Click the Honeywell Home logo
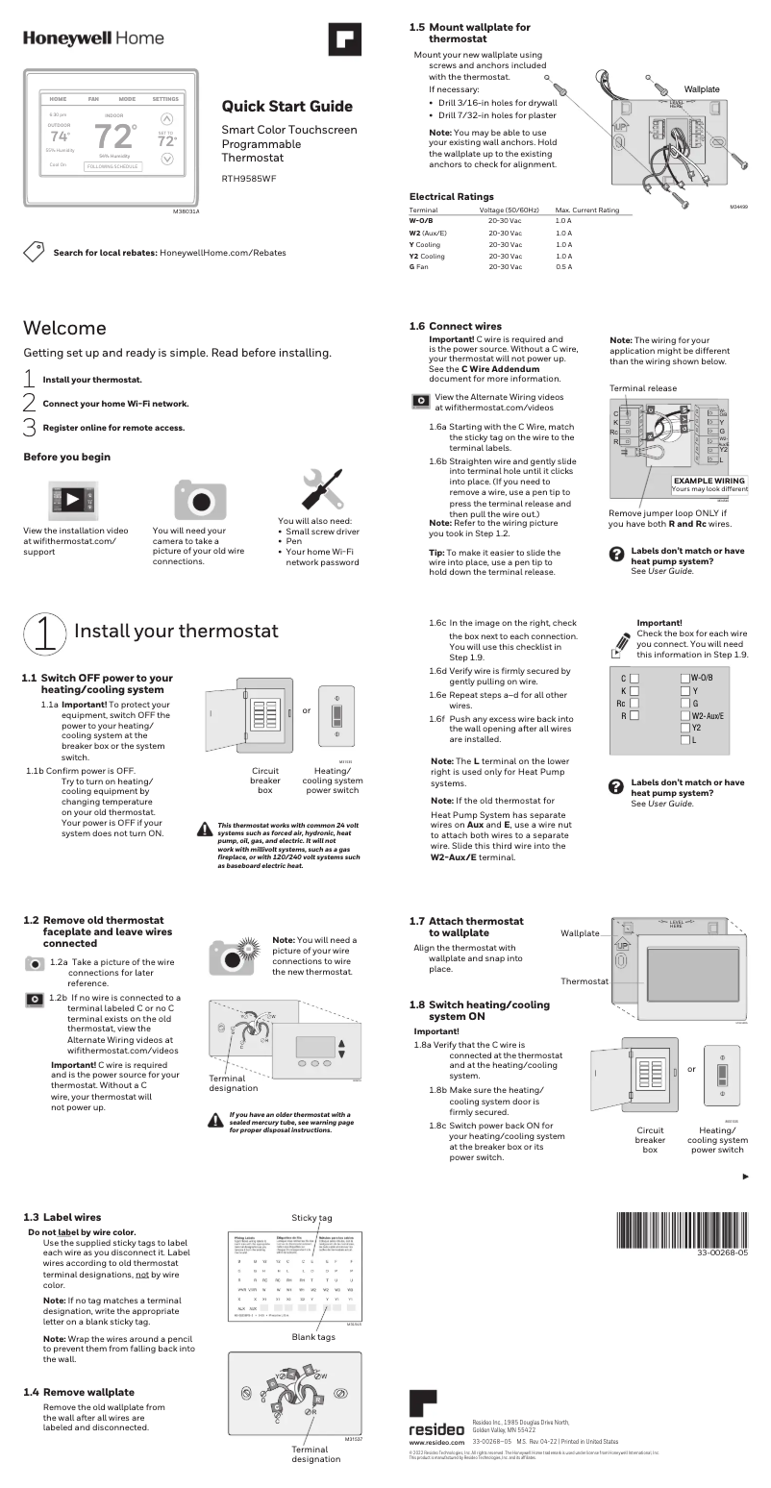[93, 38]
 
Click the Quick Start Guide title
[286, 106]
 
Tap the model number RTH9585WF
[249, 178]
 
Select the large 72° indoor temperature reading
[116, 137]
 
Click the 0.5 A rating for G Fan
[563, 267]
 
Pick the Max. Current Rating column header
[586, 210]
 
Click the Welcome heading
[64, 329]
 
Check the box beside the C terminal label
[634, 678]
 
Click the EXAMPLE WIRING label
[709, 480]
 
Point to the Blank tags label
[313, 1337]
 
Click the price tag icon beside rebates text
[35, 252]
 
